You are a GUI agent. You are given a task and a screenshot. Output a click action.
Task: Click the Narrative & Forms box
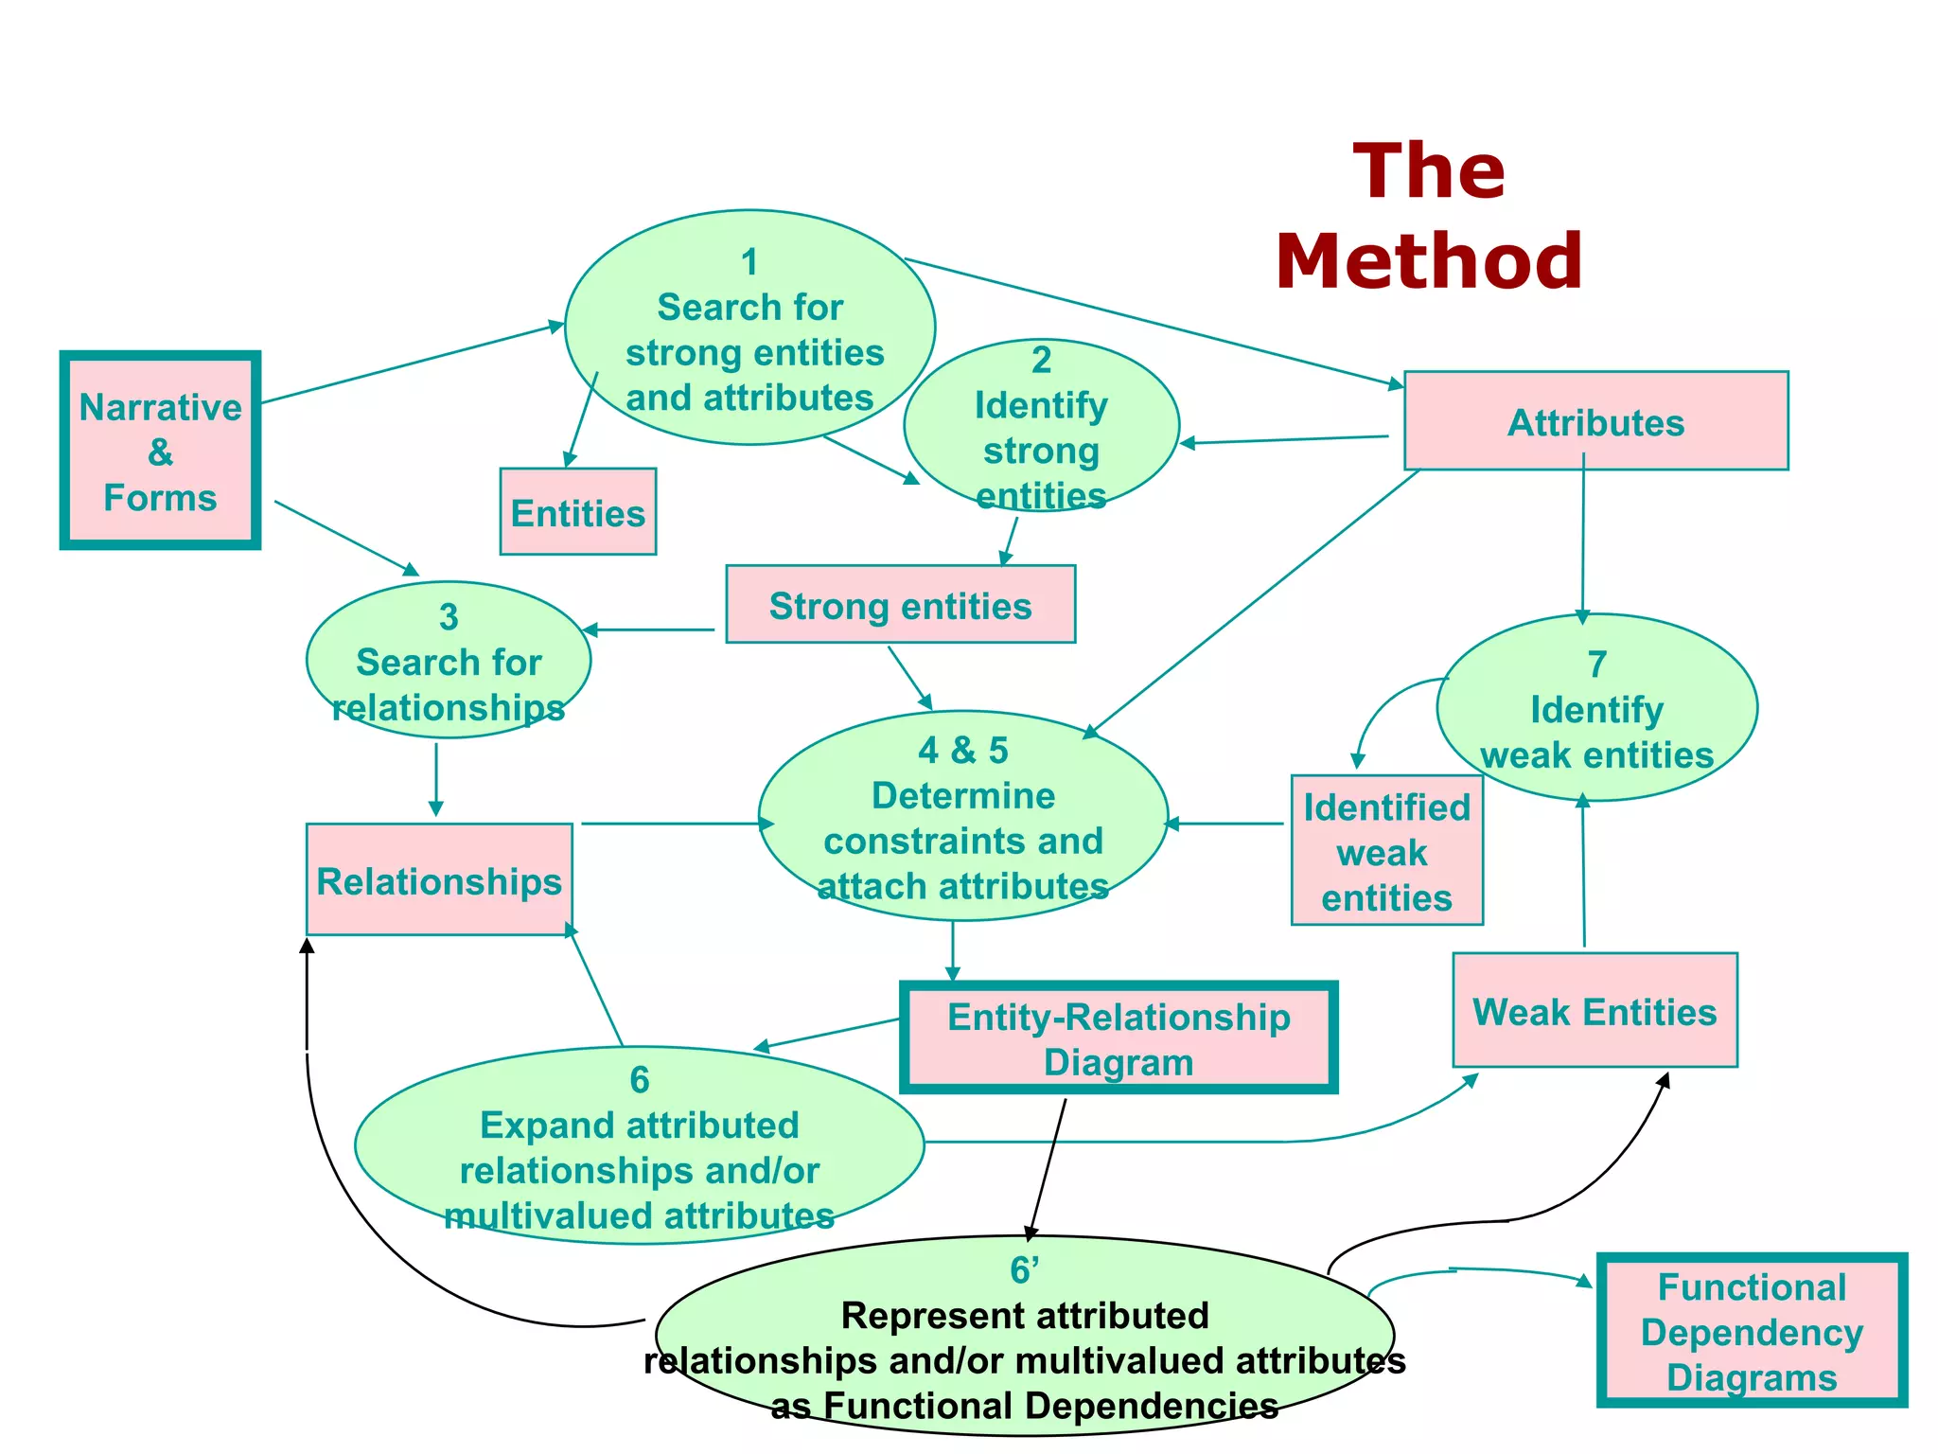[160, 452]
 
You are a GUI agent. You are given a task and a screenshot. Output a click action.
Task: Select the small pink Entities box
[577, 512]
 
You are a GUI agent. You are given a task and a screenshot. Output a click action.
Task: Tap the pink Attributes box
[1595, 421]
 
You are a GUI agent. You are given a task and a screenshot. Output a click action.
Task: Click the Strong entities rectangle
[900, 605]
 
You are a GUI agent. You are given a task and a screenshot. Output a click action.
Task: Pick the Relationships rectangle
[439, 880]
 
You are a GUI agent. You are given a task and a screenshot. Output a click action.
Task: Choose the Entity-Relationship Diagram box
[1119, 1038]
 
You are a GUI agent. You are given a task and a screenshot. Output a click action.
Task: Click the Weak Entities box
[1594, 1011]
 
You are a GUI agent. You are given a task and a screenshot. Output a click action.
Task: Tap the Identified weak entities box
[1386, 851]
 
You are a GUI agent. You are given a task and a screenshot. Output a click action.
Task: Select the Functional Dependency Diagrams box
[1752, 1331]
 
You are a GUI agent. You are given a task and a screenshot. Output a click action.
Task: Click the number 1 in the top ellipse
[749, 262]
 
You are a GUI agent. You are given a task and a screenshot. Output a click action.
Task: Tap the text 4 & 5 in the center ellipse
[962, 750]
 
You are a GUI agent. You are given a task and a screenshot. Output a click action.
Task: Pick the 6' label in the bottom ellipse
[1024, 1270]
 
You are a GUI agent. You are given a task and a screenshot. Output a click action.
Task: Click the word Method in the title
[1428, 261]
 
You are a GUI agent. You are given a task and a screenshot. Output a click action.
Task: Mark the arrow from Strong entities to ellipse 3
[649, 629]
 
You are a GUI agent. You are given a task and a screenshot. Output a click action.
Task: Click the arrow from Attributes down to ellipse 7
[1583, 540]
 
